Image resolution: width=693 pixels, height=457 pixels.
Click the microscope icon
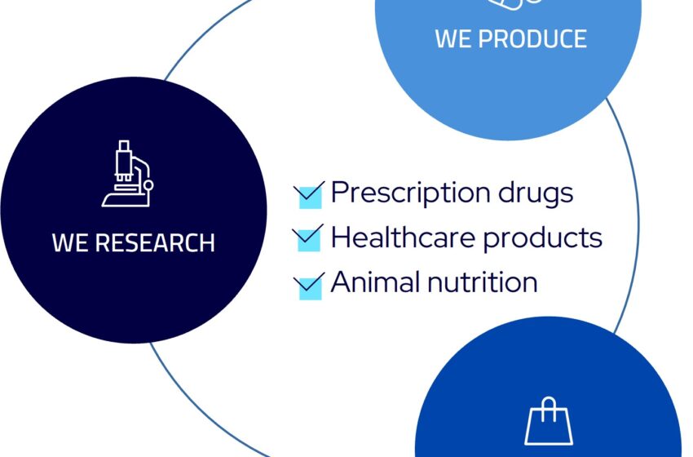pyautogui.click(x=128, y=174)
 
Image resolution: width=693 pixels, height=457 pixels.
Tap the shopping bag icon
pyautogui.click(x=549, y=421)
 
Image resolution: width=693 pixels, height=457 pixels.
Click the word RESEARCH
pyautogui.click(x=155, y=242)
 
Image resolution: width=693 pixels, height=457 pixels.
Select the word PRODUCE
pyautogui.click(x=532, y=38)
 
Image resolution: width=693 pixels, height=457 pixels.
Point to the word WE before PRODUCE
pyautogui.click(x=453, y=38)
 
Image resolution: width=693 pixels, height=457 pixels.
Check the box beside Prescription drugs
pyautogui.click(x=310, y=196)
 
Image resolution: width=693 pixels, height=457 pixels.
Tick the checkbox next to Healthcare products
pyautogui.click(x=308, y=239)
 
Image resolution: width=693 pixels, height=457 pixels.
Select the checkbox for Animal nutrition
pyautogui.click(x=310, y=286)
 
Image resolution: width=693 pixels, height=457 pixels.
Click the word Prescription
pyautogui.click(x=410, y=193)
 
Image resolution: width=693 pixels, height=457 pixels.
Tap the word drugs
pyautogui.click(x=536, y=193)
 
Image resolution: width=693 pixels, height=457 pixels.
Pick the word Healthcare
pyautogui.click(x=403, y=237)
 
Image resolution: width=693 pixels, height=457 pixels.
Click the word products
pyautogui.click(x=542, y=237)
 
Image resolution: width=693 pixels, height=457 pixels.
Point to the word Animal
pyautogui.click(x=375, y=282)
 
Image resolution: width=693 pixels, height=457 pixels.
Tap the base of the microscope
pyautogui.click(x=126, y=200)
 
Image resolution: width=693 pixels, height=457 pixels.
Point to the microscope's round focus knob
pyautogui.click(x=148, y=185)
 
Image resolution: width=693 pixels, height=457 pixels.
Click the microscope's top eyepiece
pyautogui.click(x=124, y=145)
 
